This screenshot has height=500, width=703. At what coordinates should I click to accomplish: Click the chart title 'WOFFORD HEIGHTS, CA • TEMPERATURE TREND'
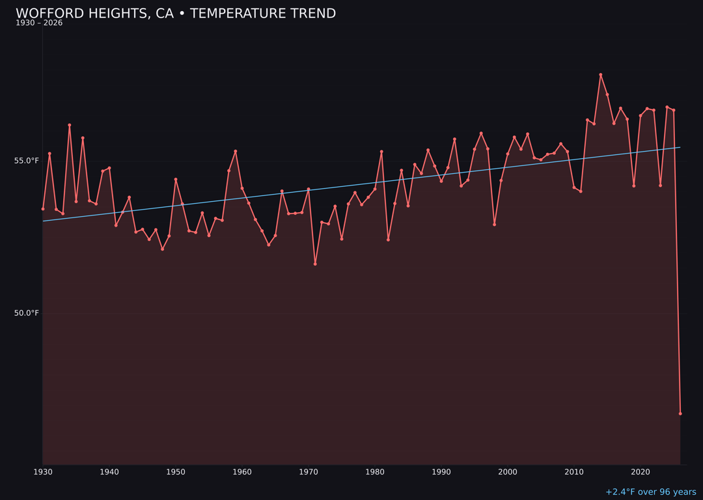(176, 14)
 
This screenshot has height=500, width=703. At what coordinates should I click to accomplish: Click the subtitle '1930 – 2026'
(39, 23)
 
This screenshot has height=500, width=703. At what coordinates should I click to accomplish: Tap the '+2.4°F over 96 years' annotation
(650, 492)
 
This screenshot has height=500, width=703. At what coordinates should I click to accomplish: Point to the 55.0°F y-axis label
(27, 161)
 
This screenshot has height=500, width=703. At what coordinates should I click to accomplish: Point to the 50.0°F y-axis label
(27, 313)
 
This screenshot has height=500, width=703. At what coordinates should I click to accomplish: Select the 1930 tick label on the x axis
(43, 472)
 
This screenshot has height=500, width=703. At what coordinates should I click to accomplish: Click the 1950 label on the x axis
(176, 472)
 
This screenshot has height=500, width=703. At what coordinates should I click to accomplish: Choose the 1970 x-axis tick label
(309, 472)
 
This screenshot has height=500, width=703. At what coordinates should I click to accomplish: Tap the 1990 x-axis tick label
(441, 472)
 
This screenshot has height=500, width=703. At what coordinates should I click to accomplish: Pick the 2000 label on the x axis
(508, 472)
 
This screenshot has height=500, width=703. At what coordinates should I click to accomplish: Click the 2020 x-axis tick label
(641, 472)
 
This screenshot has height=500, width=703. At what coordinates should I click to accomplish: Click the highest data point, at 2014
(601, 75)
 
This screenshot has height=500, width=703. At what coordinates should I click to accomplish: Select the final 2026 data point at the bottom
(680, 413)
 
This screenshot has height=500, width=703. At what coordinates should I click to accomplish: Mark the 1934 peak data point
(70, 125)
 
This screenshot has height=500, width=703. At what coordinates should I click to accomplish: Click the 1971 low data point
(315, 264)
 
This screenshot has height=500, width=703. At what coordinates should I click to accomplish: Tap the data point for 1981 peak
(381, 152)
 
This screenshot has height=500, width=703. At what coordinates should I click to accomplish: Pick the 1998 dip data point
(494, 225)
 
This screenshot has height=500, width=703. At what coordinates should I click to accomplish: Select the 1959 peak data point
(236, 151)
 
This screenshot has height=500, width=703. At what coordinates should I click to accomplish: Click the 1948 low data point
(162, 249)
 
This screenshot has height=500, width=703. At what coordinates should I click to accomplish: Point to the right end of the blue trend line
(680, 147)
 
